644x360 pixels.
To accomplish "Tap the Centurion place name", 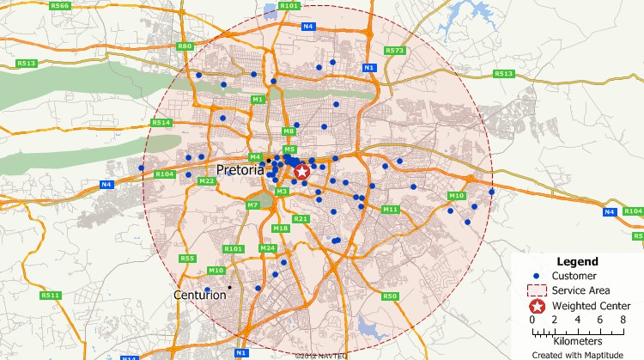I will tap(200, 295).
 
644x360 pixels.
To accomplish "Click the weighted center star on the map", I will tap(302, 172).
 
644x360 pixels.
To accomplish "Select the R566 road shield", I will tap(59, 6).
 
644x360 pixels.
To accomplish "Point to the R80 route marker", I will tap(184, 46).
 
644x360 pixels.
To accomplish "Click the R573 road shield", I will tap(394, 51).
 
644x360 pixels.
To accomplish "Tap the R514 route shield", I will tap(161, 123).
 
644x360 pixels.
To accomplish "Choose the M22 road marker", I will tap(206, 181).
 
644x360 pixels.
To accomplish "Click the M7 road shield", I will tap(252, 205).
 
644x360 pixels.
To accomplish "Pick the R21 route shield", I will tap(301, 219).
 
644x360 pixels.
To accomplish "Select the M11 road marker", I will tap(391, 210).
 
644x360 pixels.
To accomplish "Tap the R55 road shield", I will tap(188, 259).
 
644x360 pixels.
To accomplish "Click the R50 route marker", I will tap(390, 296).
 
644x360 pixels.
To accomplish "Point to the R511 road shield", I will tap(50, 296).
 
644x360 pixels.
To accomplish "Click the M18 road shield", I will tap(280, 229).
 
